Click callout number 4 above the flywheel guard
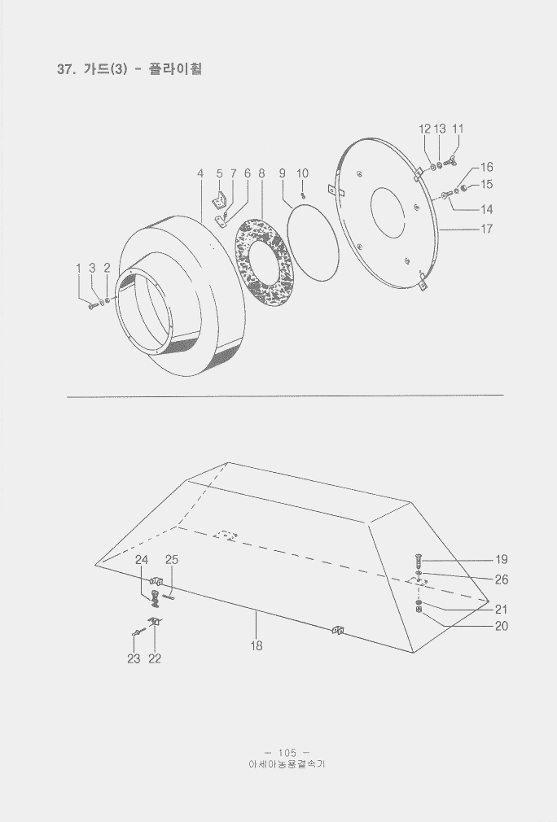click(x=200, y=173)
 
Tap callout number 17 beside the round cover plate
click(x=487, y=229)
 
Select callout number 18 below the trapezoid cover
click(x=256, y=646)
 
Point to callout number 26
click(x=502, y=579)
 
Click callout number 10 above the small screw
click(x=303, y=173)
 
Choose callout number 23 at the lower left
click(x=134, y=658)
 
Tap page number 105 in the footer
click(x=287, y=753)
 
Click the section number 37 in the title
click(x=65, y=69)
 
